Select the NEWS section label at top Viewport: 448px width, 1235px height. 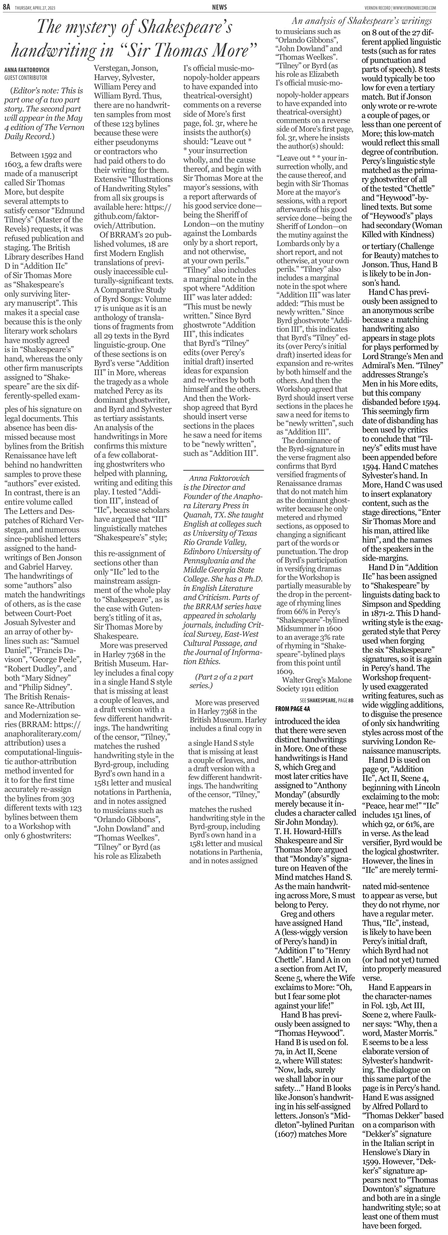pyautogui.click(x=219, y=7)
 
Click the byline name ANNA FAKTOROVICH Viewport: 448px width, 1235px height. pyautogui.click(x=27, y=70)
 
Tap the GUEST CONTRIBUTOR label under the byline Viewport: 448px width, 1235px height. pyautogui.click(x=26, y=77)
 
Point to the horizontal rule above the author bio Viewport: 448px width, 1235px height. pyautogui.click(x=223, y=470)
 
